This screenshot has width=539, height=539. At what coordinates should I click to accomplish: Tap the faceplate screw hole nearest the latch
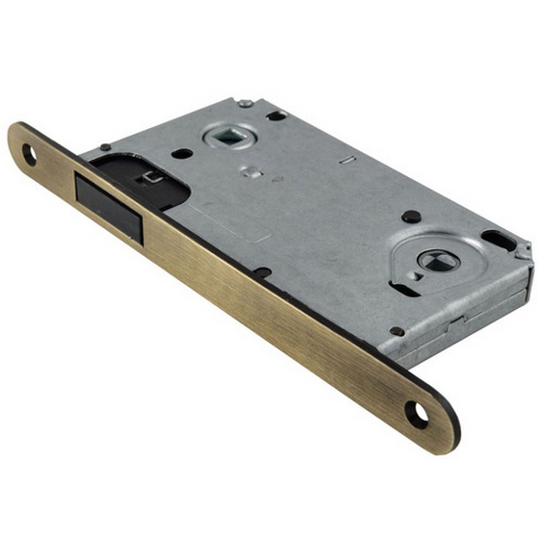pos(30,153)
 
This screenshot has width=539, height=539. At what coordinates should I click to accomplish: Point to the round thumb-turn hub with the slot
pos(431,258)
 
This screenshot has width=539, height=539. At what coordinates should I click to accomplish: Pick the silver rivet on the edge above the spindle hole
pos(245,103)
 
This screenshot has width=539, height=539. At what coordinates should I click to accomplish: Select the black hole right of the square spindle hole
pos(277,116)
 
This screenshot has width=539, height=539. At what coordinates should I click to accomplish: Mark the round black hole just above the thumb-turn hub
pos(411,217)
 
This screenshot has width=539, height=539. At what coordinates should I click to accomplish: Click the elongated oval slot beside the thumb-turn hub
pos(500,240)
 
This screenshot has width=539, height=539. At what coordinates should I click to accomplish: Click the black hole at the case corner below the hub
pos(397,331)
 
